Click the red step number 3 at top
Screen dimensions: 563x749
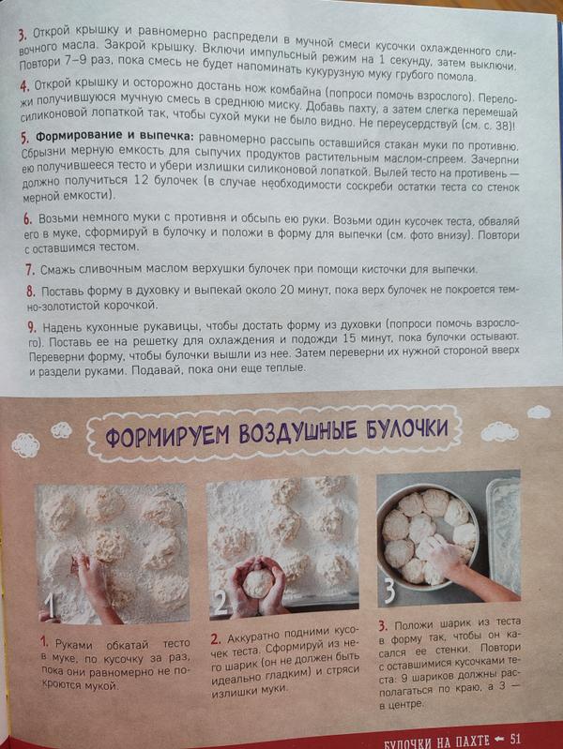23,36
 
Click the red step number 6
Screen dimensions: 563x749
28,218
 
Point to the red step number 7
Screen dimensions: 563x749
30,270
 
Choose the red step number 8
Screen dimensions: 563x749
31,292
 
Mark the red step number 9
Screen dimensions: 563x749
32,328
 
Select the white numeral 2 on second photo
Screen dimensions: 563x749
221,603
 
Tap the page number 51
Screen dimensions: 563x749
515,740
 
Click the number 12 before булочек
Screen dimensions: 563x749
143,181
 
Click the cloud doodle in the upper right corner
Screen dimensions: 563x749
539,412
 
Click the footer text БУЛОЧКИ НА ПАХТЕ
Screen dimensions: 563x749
437,742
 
